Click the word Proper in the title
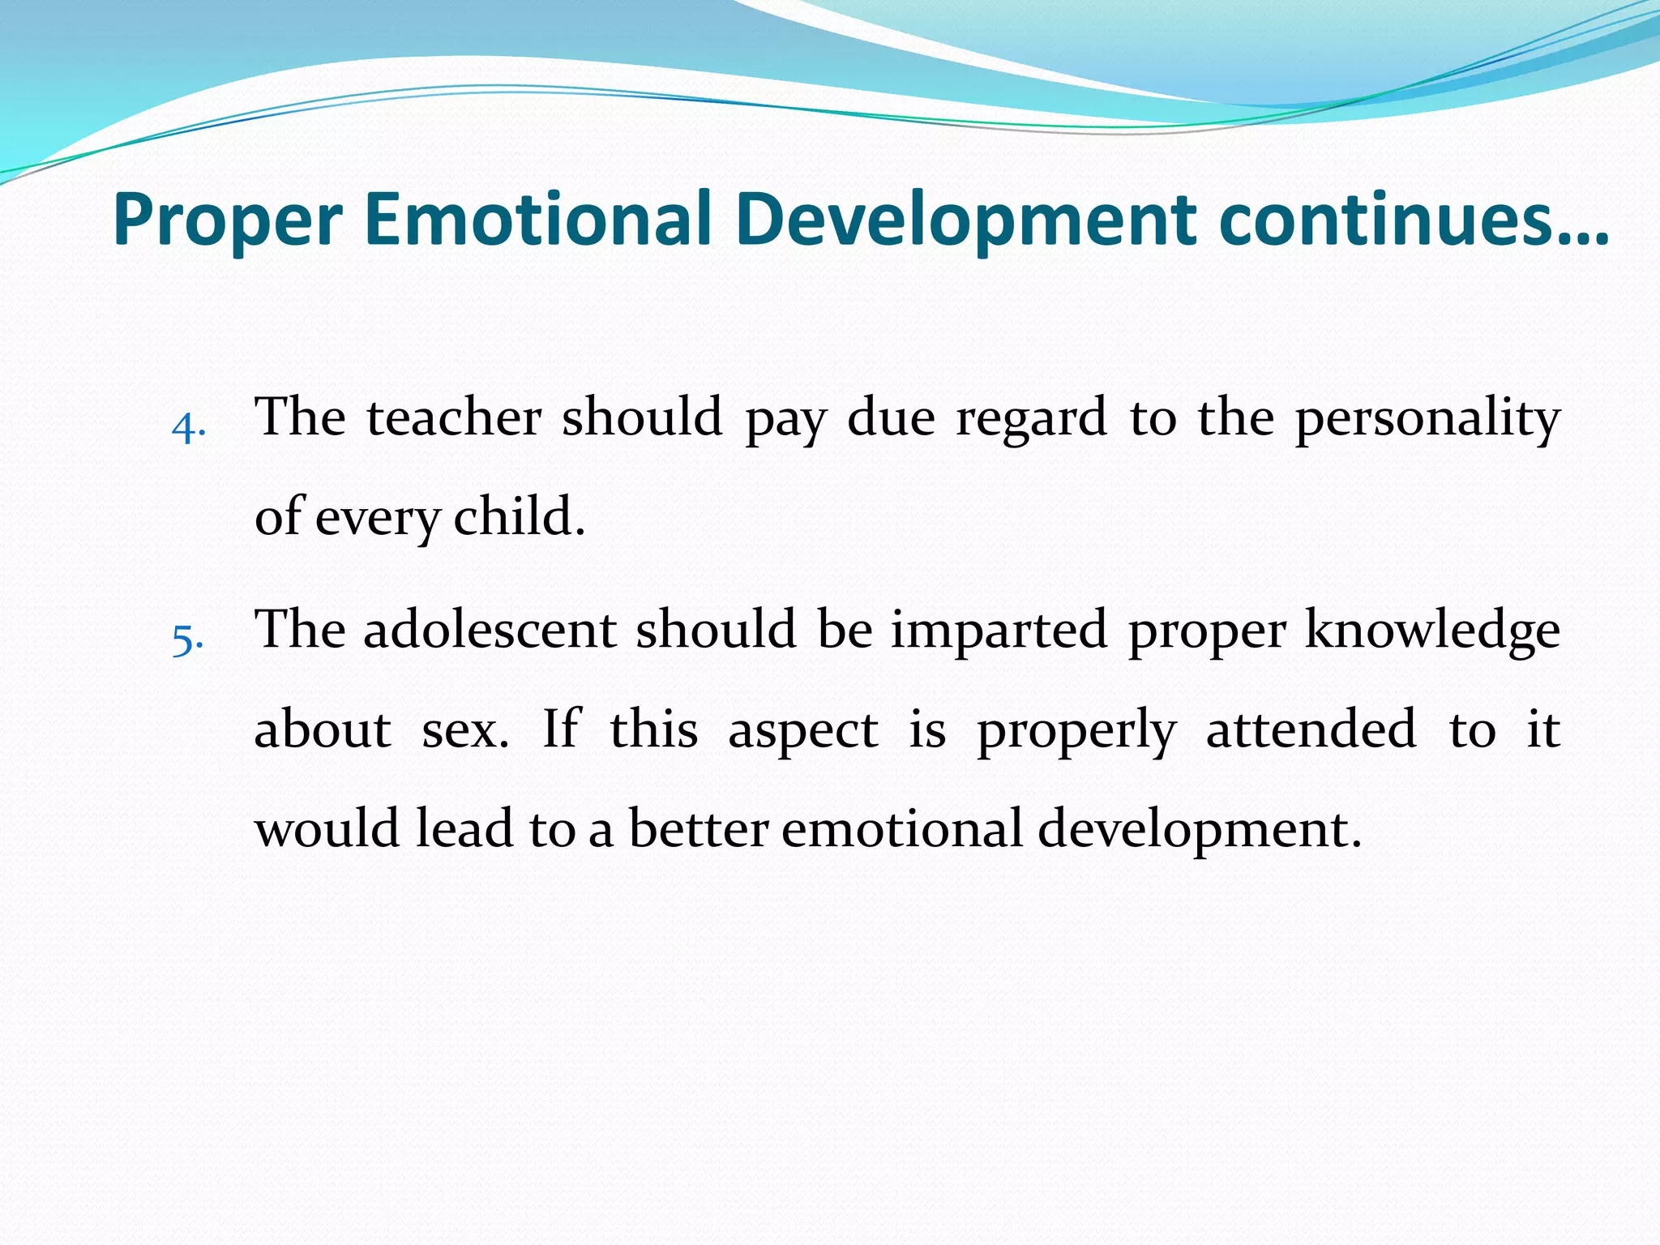(x=228, y=220)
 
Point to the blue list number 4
(x=188, y=427)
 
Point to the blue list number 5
(x=187, y=640)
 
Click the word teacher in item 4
(x=454, y=418)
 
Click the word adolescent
(x=490, y=631)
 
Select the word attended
(x=1311, y=729)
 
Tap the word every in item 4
(x=377, y=519)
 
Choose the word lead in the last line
(x=464, y=830)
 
